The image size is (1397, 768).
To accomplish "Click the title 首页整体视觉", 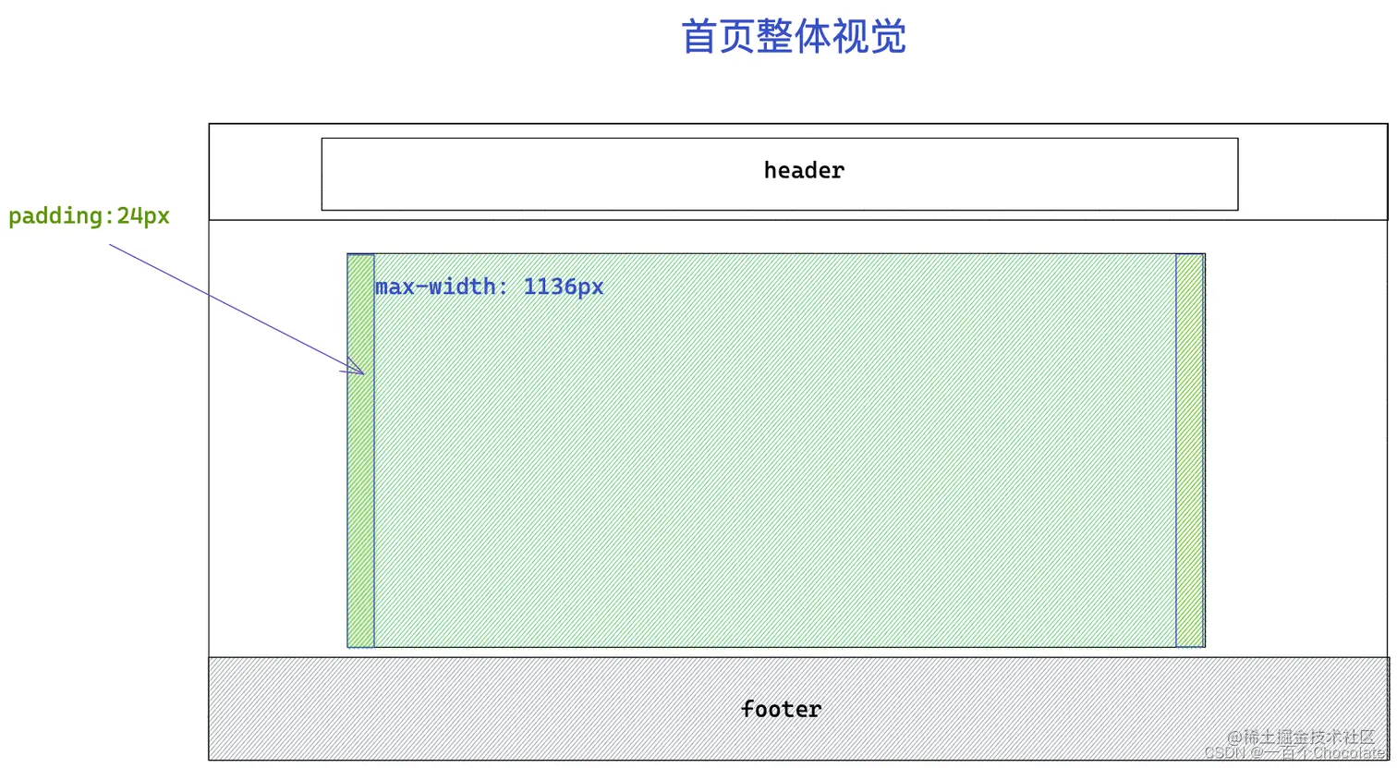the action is point(793,37).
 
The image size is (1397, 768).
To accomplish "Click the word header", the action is point(804,170).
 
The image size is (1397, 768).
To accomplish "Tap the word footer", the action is point(781,709).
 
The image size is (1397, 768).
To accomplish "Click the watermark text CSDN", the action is point(1225,753).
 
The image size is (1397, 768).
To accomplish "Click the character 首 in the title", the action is point(698,37).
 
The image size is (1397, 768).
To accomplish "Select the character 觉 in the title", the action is point(888,37).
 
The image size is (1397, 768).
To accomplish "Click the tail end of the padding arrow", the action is point(111,246).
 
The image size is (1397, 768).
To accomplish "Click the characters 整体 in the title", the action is point(793,37).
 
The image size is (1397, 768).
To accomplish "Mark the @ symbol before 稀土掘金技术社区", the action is point(1234,738).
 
